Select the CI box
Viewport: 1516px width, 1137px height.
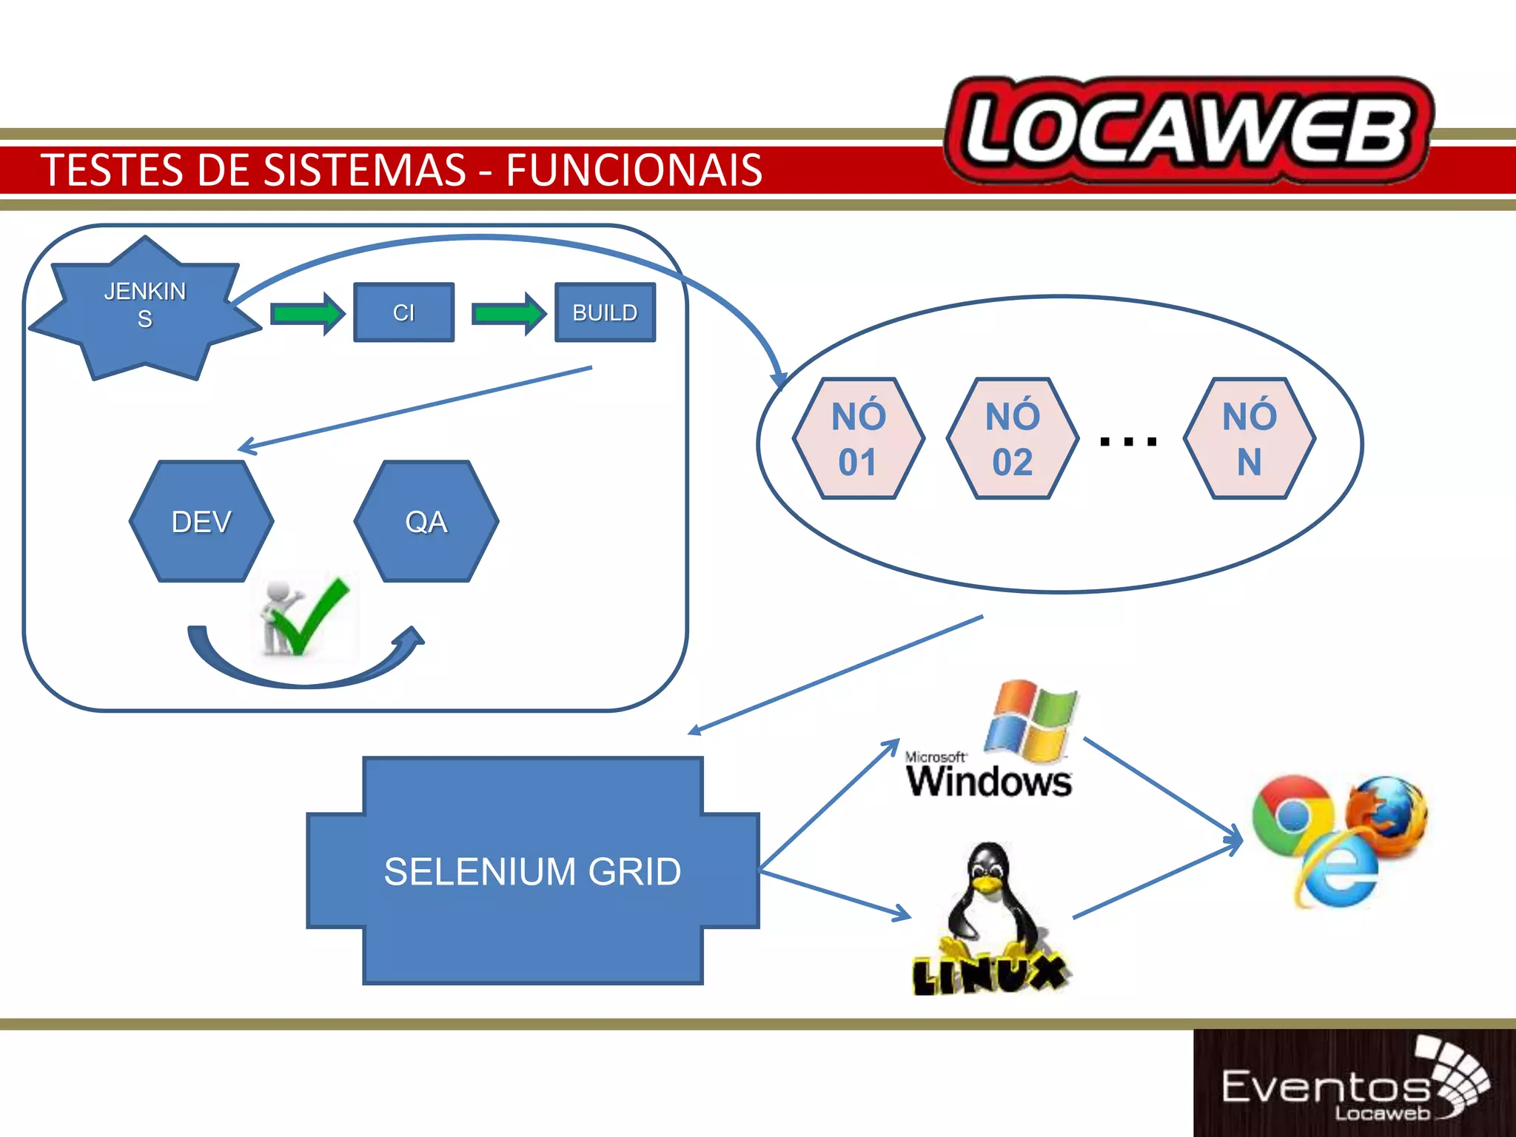pos(403,312)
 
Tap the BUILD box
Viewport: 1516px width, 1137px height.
pos(605,312)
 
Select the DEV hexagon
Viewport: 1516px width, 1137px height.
pos(201,522)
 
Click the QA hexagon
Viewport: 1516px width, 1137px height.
pos(426,522)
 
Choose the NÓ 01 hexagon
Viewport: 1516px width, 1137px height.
pos(858,439)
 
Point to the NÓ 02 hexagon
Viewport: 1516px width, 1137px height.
pos(1012,439)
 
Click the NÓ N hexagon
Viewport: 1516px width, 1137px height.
pos(1250,439)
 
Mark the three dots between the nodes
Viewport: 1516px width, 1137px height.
pos(1128,442)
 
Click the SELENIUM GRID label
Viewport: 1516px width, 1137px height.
pos(532,871)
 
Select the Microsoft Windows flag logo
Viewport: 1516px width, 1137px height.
pos(1031,722)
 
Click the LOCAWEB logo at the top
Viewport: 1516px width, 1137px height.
pos(1189,131)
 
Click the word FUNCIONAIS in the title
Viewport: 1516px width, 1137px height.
pos(634,170)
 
